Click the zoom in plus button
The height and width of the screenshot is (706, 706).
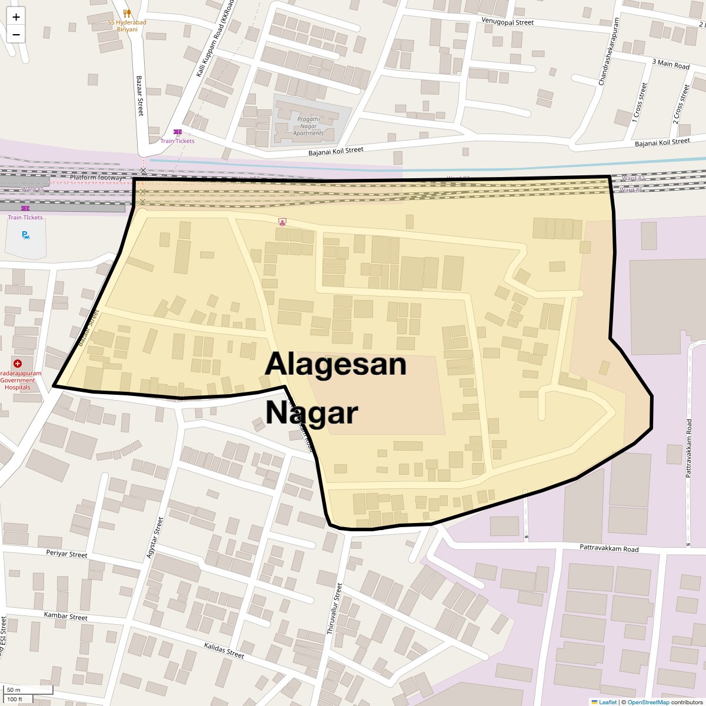coord(16,16)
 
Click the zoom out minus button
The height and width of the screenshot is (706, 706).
coord(16,34)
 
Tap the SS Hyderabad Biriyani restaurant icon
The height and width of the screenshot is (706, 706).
coord(127,13)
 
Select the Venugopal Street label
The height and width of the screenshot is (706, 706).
coord(507,22)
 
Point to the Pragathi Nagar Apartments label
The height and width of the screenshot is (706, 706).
coord(308,126)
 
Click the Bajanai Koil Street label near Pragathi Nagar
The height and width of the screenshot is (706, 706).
coord(336,151)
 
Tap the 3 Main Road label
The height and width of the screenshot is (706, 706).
coord(670,64)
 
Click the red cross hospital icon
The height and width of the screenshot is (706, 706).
coord(18,364)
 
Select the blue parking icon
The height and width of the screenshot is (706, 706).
coord(25,235)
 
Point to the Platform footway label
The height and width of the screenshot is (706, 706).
coord(96,178)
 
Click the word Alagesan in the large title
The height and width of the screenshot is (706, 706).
coord(335,364)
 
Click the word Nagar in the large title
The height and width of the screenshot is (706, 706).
coord(311,412)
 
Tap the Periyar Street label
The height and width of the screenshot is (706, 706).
coord(66,554)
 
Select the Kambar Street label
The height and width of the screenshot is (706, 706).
coord(65,616)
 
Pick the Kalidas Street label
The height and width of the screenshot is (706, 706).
coord(224,650)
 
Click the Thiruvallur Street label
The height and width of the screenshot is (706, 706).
coord(334,608)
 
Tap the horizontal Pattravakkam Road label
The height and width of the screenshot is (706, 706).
coord(608,549)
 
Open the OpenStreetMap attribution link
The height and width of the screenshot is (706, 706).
coord(648,702)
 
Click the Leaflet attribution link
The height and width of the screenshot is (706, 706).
coord(608,702)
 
